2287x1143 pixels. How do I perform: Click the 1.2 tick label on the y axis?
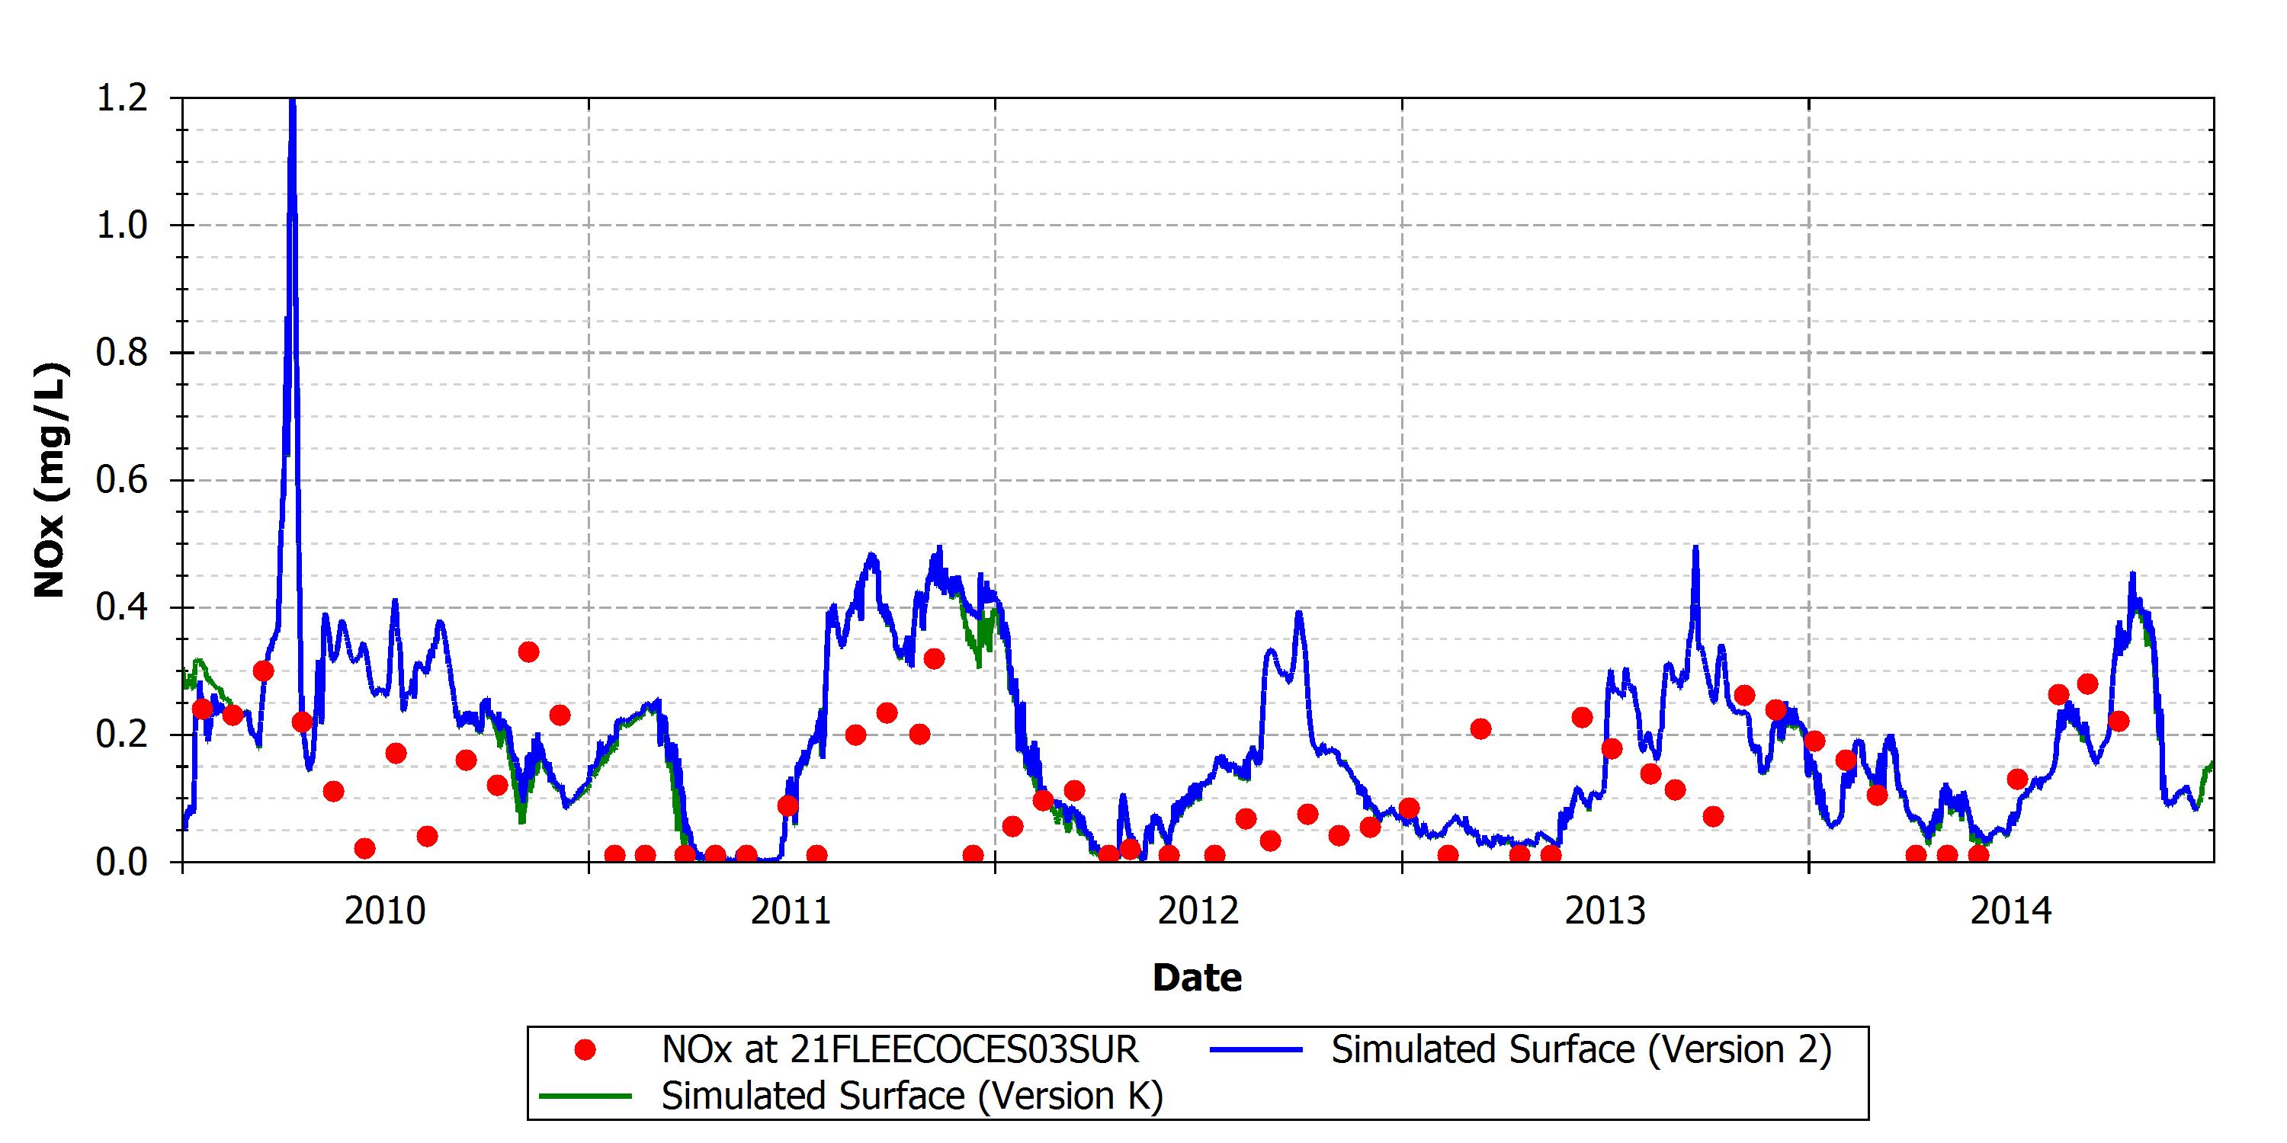click(x=122, y=98)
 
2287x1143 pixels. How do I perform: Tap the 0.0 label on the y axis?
click(x=122, y=862)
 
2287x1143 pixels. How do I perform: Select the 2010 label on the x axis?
click(x=385, y=911)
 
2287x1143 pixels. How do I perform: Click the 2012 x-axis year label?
click(x=1198, y=911)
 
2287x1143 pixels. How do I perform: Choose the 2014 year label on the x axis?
click(x=2012, y=911)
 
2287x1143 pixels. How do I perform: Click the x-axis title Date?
click(x=1197, y=977)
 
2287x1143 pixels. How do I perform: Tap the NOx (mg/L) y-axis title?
click(x=50, y=480)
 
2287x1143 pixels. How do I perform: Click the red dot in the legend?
click(x=584, y=1051)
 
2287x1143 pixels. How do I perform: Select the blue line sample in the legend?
click(x=1256, y=1050)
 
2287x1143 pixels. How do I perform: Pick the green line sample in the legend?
click(x=585, y=1096)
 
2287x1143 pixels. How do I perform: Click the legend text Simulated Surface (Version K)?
click(x=913, y=1096)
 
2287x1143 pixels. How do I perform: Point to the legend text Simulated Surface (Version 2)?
click(x=1582, y=1050)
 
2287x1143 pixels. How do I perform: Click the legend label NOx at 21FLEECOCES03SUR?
click(x=900, y=1050)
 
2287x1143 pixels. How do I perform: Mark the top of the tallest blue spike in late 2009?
click(x=292, y=99)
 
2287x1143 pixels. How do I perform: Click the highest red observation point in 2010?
click(x=528, y=652)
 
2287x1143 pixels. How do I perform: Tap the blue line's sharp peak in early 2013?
click(x=1695, y=546)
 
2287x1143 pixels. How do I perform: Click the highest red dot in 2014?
click(x=2087, y=684)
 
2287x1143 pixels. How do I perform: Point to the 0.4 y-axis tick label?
click(x=122, y=607)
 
